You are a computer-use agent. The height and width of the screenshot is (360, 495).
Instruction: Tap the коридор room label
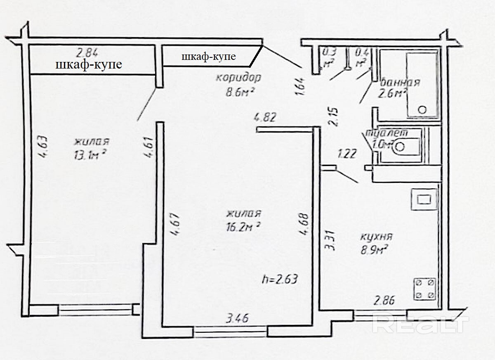(239, 78)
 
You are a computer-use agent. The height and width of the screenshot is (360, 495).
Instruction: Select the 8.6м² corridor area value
(239, 92)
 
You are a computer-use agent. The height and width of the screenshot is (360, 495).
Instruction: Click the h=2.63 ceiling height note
(280, 279)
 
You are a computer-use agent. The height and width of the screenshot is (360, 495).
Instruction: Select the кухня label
(376, 237)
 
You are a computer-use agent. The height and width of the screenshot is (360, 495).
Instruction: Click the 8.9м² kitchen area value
(375, 250)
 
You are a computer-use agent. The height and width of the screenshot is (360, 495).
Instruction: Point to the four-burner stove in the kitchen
(424, 289)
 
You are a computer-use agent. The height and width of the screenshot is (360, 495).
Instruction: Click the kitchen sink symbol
(424, 199)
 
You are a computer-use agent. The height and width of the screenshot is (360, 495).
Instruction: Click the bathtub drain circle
(422, 110)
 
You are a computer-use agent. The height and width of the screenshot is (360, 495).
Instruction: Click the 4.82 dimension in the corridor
(265, 118)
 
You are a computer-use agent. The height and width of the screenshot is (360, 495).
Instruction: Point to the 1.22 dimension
(347, 154)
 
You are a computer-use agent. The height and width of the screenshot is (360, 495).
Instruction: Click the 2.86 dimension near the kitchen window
(384, 301)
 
